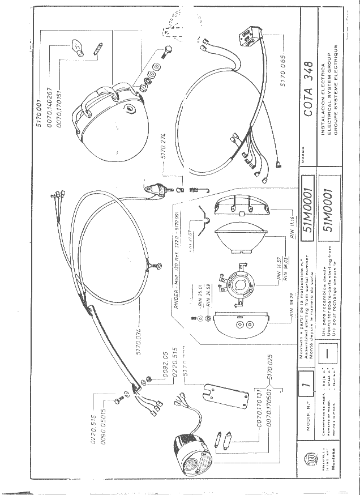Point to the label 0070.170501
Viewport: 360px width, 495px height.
click(270, 415)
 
